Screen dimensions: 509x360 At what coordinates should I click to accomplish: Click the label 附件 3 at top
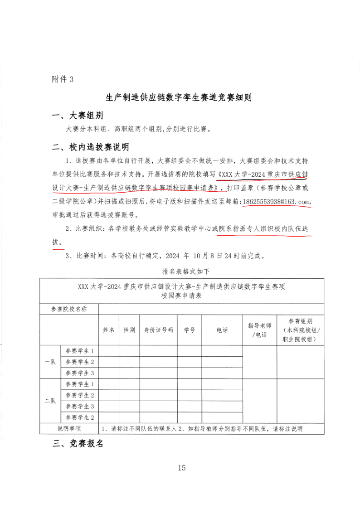click(63, 79)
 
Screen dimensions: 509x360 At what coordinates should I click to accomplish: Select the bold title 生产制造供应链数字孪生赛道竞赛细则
click(179, 97)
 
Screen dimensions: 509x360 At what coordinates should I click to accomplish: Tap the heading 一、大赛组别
click(78, 116)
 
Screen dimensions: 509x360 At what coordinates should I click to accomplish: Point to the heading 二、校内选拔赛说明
click(91, 147)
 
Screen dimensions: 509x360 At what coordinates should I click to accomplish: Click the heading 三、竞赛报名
click(78, 444)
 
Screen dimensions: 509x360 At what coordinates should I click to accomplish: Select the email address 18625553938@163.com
click(277, 201)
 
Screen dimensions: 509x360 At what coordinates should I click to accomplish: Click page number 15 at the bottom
click(182, 468)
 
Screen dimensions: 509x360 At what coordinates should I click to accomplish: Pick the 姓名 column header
click(109, 330)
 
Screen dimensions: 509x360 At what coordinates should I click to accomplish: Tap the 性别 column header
click(129, 330)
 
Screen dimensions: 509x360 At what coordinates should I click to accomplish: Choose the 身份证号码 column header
click(158, 330)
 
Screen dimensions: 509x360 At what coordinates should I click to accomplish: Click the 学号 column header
click(190, 330)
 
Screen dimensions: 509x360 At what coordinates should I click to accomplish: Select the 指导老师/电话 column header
click(259, 330)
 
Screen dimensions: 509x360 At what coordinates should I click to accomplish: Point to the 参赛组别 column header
click(300, 330)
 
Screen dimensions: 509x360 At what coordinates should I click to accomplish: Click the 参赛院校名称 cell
click(69, 309)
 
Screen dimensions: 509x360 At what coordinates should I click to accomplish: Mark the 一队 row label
click(50, 362)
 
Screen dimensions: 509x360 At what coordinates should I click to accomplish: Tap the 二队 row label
click(50, 401)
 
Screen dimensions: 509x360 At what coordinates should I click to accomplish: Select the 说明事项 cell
click(69, 428)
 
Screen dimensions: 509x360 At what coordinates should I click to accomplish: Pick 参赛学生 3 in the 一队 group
click(80, 373)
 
